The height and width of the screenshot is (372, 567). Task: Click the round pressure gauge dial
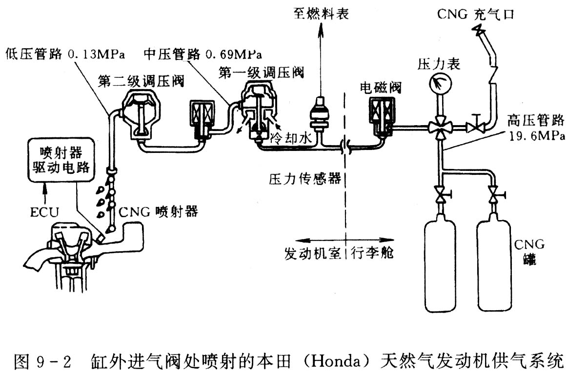pos(438,84)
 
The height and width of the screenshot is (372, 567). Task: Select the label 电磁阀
pos(381,88)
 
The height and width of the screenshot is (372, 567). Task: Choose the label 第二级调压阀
pos(141,81)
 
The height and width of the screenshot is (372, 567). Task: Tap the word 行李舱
pos(373,253)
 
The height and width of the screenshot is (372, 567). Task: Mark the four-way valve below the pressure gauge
pos(438,129)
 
